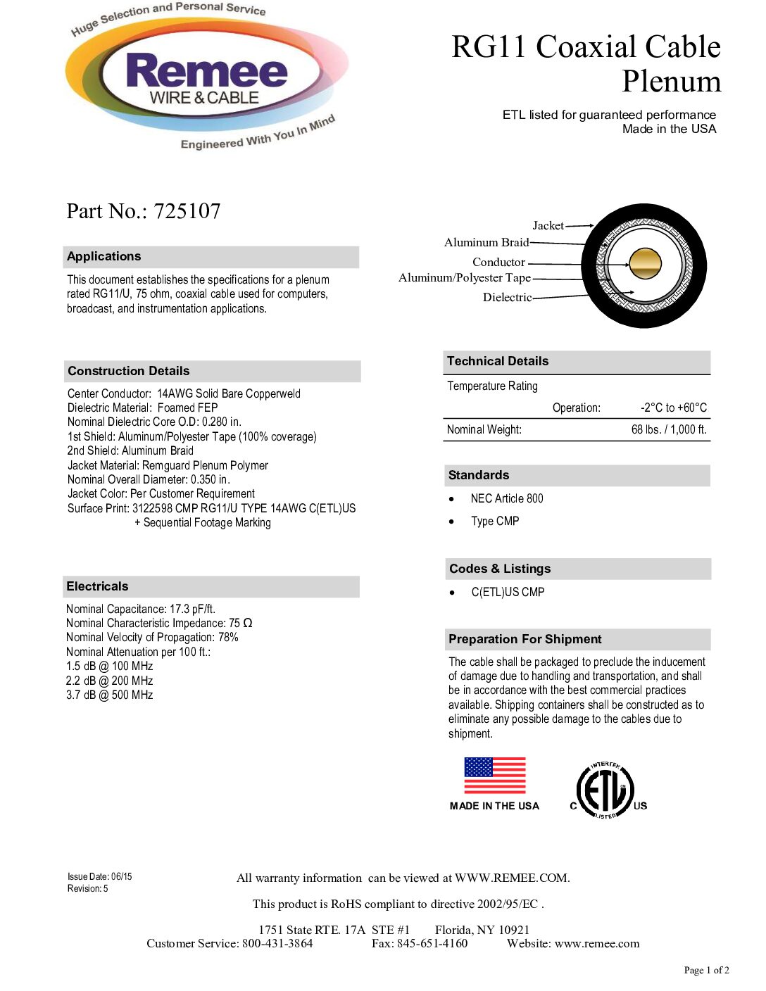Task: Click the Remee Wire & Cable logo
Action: click(206, 77)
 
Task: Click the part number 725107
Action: click(187, 211)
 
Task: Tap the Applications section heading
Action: click(104, 256)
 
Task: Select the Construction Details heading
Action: click(129, 371)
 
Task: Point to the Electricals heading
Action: click(97, 586)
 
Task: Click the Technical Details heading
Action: click(498, 361)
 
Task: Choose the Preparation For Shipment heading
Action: click(525, 639)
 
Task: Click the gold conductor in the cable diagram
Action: click(645, 264)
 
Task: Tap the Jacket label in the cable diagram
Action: click(548, 225)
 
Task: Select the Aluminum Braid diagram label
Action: click(486, 242)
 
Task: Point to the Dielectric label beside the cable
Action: click(507, 297)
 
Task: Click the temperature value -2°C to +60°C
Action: click(673, 408)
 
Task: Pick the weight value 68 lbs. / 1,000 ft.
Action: click(669, 429)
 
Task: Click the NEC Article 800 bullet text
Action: click(507, 498)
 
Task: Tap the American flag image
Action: click(495, 775)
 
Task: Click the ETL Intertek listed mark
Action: click(605, 790)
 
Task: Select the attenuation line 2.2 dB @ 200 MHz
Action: click(110, 681)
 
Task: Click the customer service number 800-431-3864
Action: click(277, 943)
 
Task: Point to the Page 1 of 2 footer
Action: click(706, 970)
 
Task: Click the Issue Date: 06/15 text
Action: click(100, 876)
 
